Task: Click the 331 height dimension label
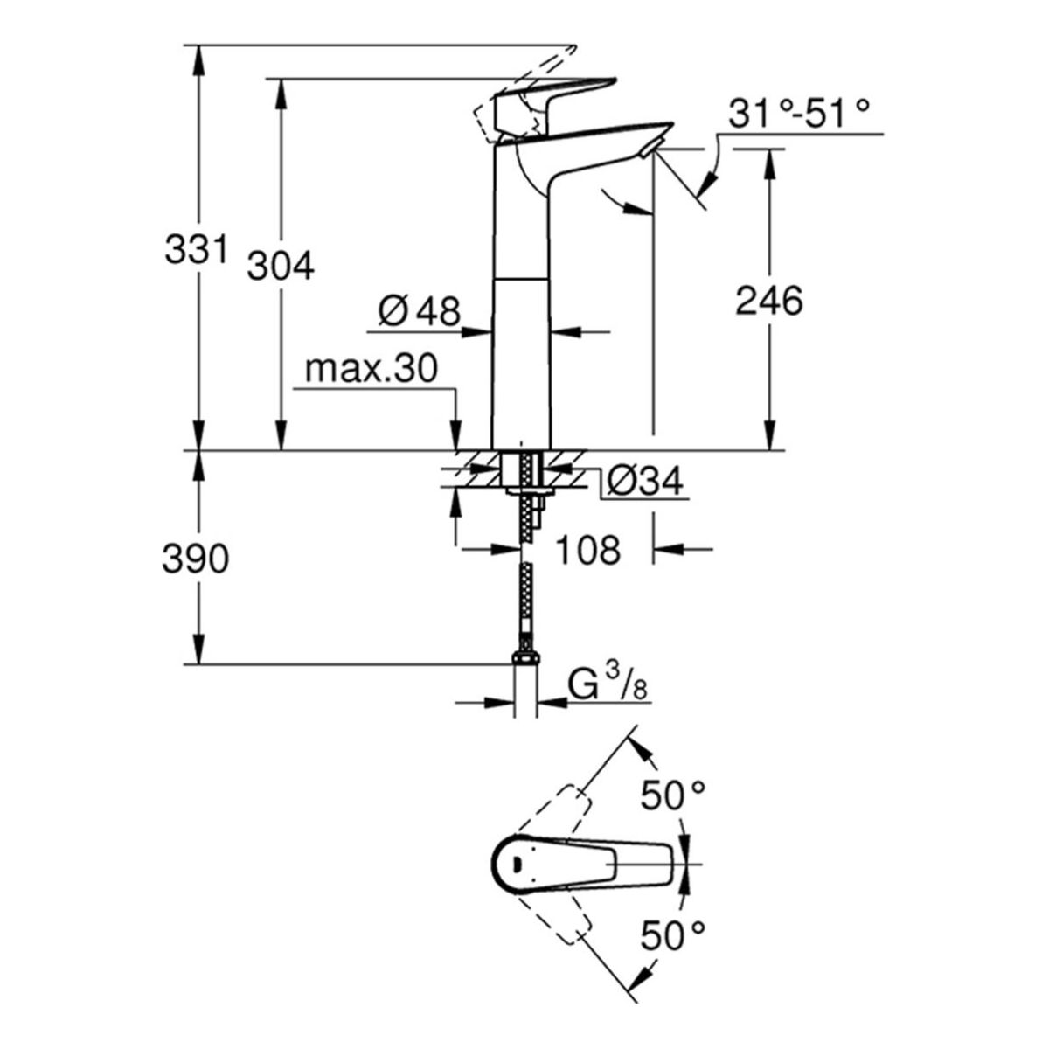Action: click(x=196, y=250)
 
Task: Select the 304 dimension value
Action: click(x=281, y=267)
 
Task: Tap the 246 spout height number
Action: click(x=769, y=301)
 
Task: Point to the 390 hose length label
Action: click(x=196, y=559)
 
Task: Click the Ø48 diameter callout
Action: click(x=420, y=312)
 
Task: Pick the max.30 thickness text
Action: click(x=372, y=369)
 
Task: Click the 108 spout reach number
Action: click(x=588, y=550)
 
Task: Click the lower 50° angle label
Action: click(x=672, y=935)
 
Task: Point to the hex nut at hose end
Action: click(x=526, y=659)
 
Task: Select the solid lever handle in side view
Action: click(x=555, y=98)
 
